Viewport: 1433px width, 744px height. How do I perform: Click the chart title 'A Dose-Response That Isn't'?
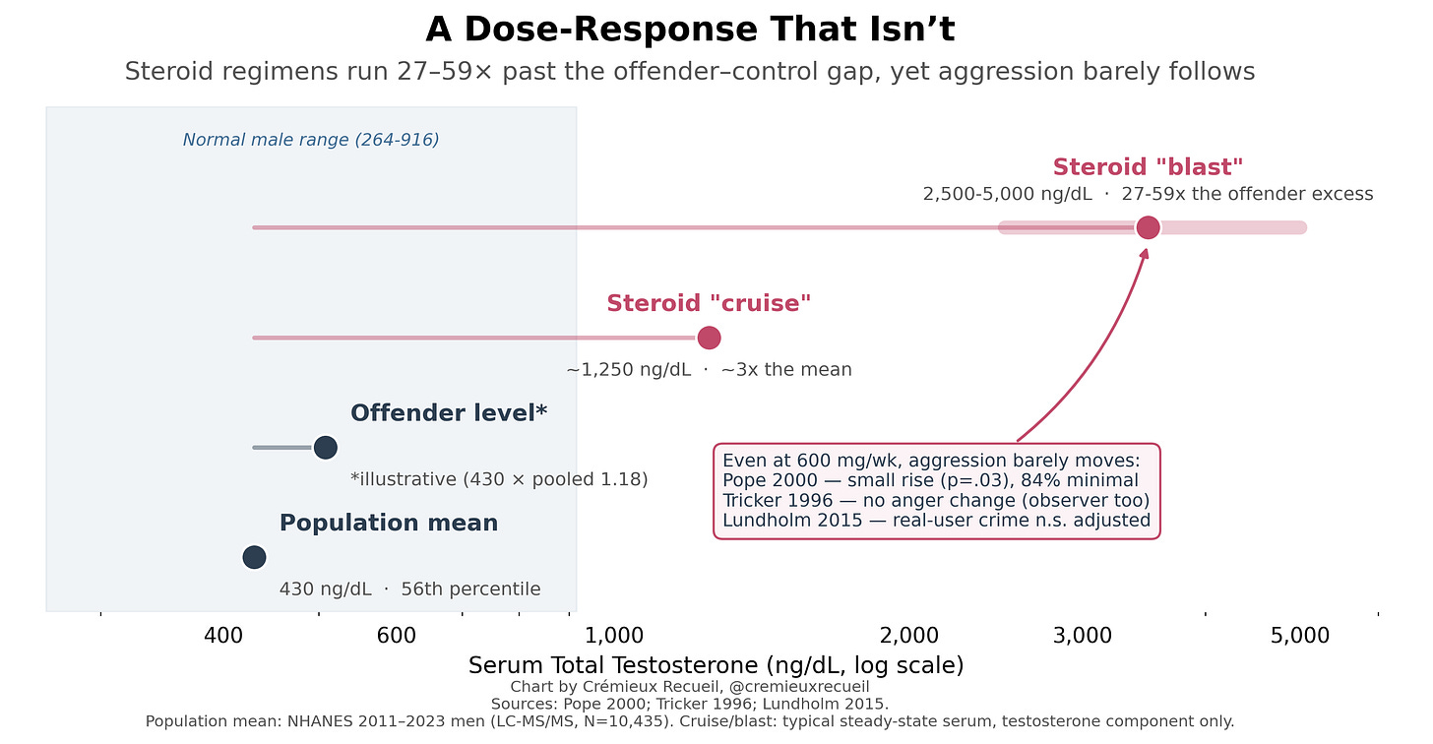(690, 30)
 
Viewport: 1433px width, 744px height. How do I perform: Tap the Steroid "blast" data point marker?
(1148, 227)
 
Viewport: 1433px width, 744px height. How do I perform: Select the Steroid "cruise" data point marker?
(709, 338)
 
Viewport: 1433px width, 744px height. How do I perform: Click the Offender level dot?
(325, 447)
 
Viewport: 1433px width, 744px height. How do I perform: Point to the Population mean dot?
(254, 557)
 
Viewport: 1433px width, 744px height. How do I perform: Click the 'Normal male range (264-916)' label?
(311, 140)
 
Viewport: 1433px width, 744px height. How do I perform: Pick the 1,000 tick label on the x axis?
(614, 636)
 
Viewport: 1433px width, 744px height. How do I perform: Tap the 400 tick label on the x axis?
(223, 636)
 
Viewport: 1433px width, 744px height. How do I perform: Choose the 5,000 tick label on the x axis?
(1300, 636)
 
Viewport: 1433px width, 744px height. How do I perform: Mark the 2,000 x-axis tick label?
(909, 636)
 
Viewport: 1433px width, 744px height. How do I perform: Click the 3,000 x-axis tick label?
(1083, 636)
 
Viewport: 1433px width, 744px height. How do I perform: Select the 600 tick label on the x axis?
(397, 636)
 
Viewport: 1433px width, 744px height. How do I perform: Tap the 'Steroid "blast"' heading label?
(1148, 167)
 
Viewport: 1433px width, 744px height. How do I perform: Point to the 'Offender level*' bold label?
(449, 413)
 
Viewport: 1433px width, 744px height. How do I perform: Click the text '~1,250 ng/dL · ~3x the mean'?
(709, 370)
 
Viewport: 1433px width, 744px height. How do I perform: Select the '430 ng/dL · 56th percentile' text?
(410, 589)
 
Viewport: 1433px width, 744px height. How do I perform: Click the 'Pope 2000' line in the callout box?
(930, 480)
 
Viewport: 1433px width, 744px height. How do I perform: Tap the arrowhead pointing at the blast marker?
(1146, 253)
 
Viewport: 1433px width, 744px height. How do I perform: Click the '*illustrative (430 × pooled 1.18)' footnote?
(499, 479)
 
